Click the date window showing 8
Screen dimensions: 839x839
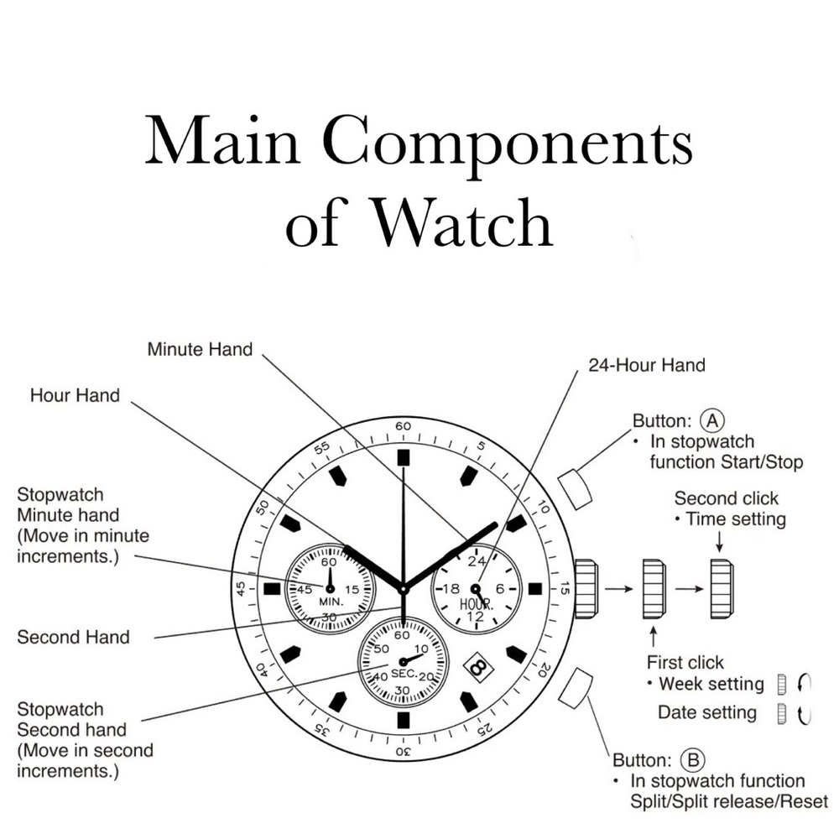point(478,666)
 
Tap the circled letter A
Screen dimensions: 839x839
point(712,421)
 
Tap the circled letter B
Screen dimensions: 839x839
point(692,760)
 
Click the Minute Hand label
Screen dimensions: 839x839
point(201,349)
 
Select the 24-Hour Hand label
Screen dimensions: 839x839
point(647,366)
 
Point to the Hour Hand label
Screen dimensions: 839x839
point(75,395)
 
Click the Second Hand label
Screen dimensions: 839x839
point(73,638)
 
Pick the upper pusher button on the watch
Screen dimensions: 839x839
point(576,488)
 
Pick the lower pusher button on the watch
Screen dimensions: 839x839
point(576,688)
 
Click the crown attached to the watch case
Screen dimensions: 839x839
point(586,589)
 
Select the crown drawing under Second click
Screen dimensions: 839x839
point(722,589)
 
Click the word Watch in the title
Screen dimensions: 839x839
point(461,224)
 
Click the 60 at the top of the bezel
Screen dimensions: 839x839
point(403,426)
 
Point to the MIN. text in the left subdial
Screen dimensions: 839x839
point(331,602)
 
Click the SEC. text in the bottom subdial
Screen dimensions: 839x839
point(404,673)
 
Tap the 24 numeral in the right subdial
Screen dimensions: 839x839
point(477,560)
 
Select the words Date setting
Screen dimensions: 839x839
point(706,712)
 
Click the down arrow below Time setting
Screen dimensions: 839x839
point(720,541)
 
